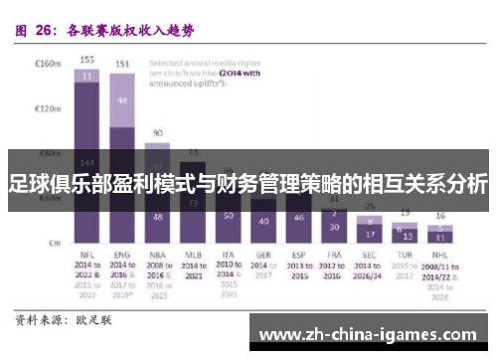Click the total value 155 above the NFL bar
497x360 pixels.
tap(87, 59)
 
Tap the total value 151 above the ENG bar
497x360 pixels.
tap(122, 65)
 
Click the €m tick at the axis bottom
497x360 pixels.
tap(55, 242)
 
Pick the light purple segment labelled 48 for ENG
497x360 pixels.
tap(122, 100)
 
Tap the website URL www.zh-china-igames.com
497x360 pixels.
tap(372, 335)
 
